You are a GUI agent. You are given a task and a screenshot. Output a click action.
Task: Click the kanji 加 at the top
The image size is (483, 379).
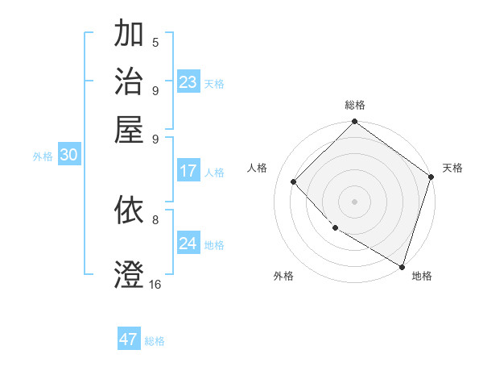coord(130,35)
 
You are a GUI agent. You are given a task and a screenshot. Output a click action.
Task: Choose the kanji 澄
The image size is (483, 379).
coord(130,273)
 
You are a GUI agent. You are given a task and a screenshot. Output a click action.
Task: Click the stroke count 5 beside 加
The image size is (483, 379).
coord(155,43)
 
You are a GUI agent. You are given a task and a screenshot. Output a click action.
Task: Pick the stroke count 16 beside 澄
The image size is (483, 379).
coord(155,284)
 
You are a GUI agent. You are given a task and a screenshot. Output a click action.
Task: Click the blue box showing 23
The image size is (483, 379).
coord(188,82)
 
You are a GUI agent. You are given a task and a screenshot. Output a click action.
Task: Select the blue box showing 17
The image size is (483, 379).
coord(188,171)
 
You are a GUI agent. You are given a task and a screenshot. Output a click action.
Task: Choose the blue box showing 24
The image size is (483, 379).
coord(188,244)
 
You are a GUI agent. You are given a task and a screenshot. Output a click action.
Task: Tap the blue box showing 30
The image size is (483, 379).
coord(68,156)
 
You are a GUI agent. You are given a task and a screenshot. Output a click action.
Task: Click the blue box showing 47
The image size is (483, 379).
coord(129,339)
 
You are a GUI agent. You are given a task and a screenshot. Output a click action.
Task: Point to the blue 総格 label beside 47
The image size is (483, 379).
coord(155,341)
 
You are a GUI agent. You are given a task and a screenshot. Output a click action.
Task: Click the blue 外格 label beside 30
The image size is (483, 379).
coord(43,157)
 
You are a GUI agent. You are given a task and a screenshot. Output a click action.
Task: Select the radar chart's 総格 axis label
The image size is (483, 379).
coord(354,105)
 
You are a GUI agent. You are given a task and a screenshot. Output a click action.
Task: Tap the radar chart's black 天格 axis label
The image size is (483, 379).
coord(452,168)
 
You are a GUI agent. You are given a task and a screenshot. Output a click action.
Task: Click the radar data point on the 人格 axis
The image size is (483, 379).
coord(294,181)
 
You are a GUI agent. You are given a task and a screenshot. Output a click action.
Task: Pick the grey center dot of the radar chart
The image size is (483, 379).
coord(354,201)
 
